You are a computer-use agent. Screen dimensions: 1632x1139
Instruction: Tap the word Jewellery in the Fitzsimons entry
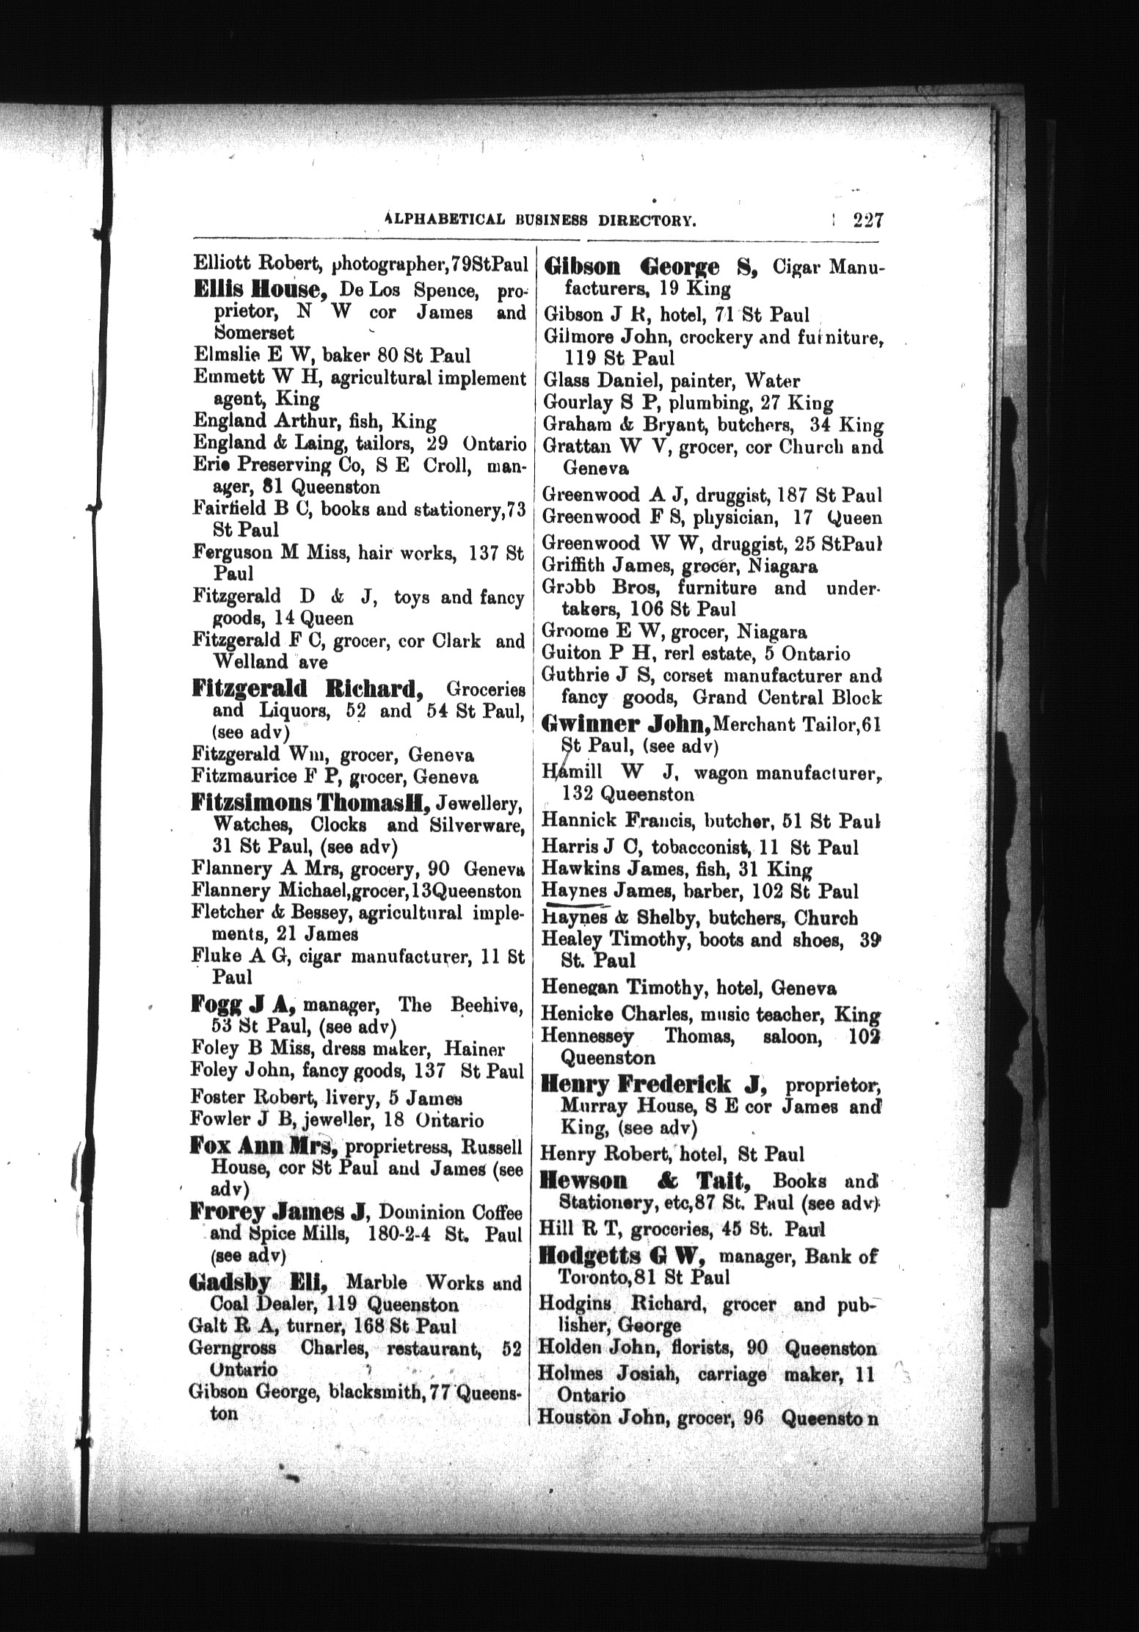488,804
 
